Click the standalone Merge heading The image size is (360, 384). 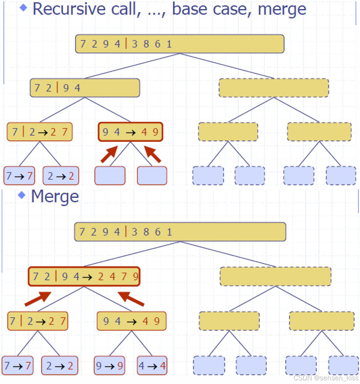[x=55, y=196]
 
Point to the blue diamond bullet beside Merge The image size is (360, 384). [x=22, y=195]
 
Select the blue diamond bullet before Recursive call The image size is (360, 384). [x=24, y=8]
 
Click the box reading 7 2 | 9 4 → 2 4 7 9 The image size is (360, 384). [x=84, y=277]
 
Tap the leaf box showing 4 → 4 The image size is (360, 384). [x=152, y=365]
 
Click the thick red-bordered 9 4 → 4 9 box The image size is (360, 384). [x=130, y=132]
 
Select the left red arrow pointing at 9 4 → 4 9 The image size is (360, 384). [x=109, y=155]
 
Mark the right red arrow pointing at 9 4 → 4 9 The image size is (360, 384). [x=152, y=155]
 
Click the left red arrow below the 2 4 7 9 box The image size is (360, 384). [x=38, y=299]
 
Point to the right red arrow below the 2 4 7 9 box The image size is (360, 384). [x=131, y=299]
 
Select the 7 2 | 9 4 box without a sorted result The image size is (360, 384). [x=85, y=88]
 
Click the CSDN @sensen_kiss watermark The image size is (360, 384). [x=326, y=378]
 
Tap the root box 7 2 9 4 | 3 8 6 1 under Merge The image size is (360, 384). [x=180, y=232]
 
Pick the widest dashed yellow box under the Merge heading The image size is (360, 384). [x=276, y=276]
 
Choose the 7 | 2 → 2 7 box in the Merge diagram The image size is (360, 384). [x=38, y=321]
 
